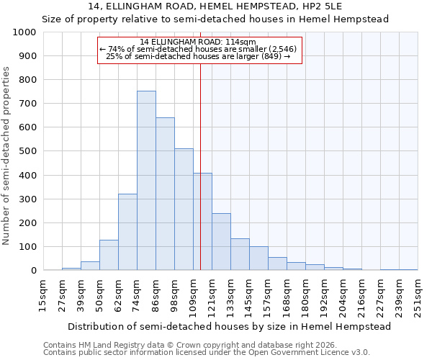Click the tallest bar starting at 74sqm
[146, 180]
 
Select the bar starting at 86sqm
[165, 194]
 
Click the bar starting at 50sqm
[109, 255]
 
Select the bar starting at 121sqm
[221, 241]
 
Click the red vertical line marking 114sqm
[200, 166]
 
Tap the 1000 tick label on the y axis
[24, 32]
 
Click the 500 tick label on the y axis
[27, 151]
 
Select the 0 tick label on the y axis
[33, 271]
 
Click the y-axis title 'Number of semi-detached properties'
[6, 156]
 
